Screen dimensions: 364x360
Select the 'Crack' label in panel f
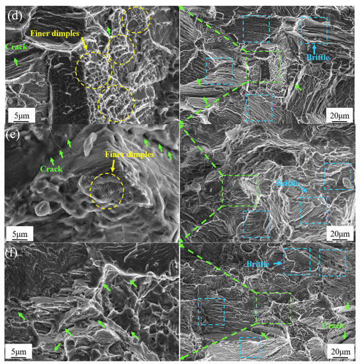coord(333,326)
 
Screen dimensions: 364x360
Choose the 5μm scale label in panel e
coord(18,233)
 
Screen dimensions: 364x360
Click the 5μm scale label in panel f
coord(18,352)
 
